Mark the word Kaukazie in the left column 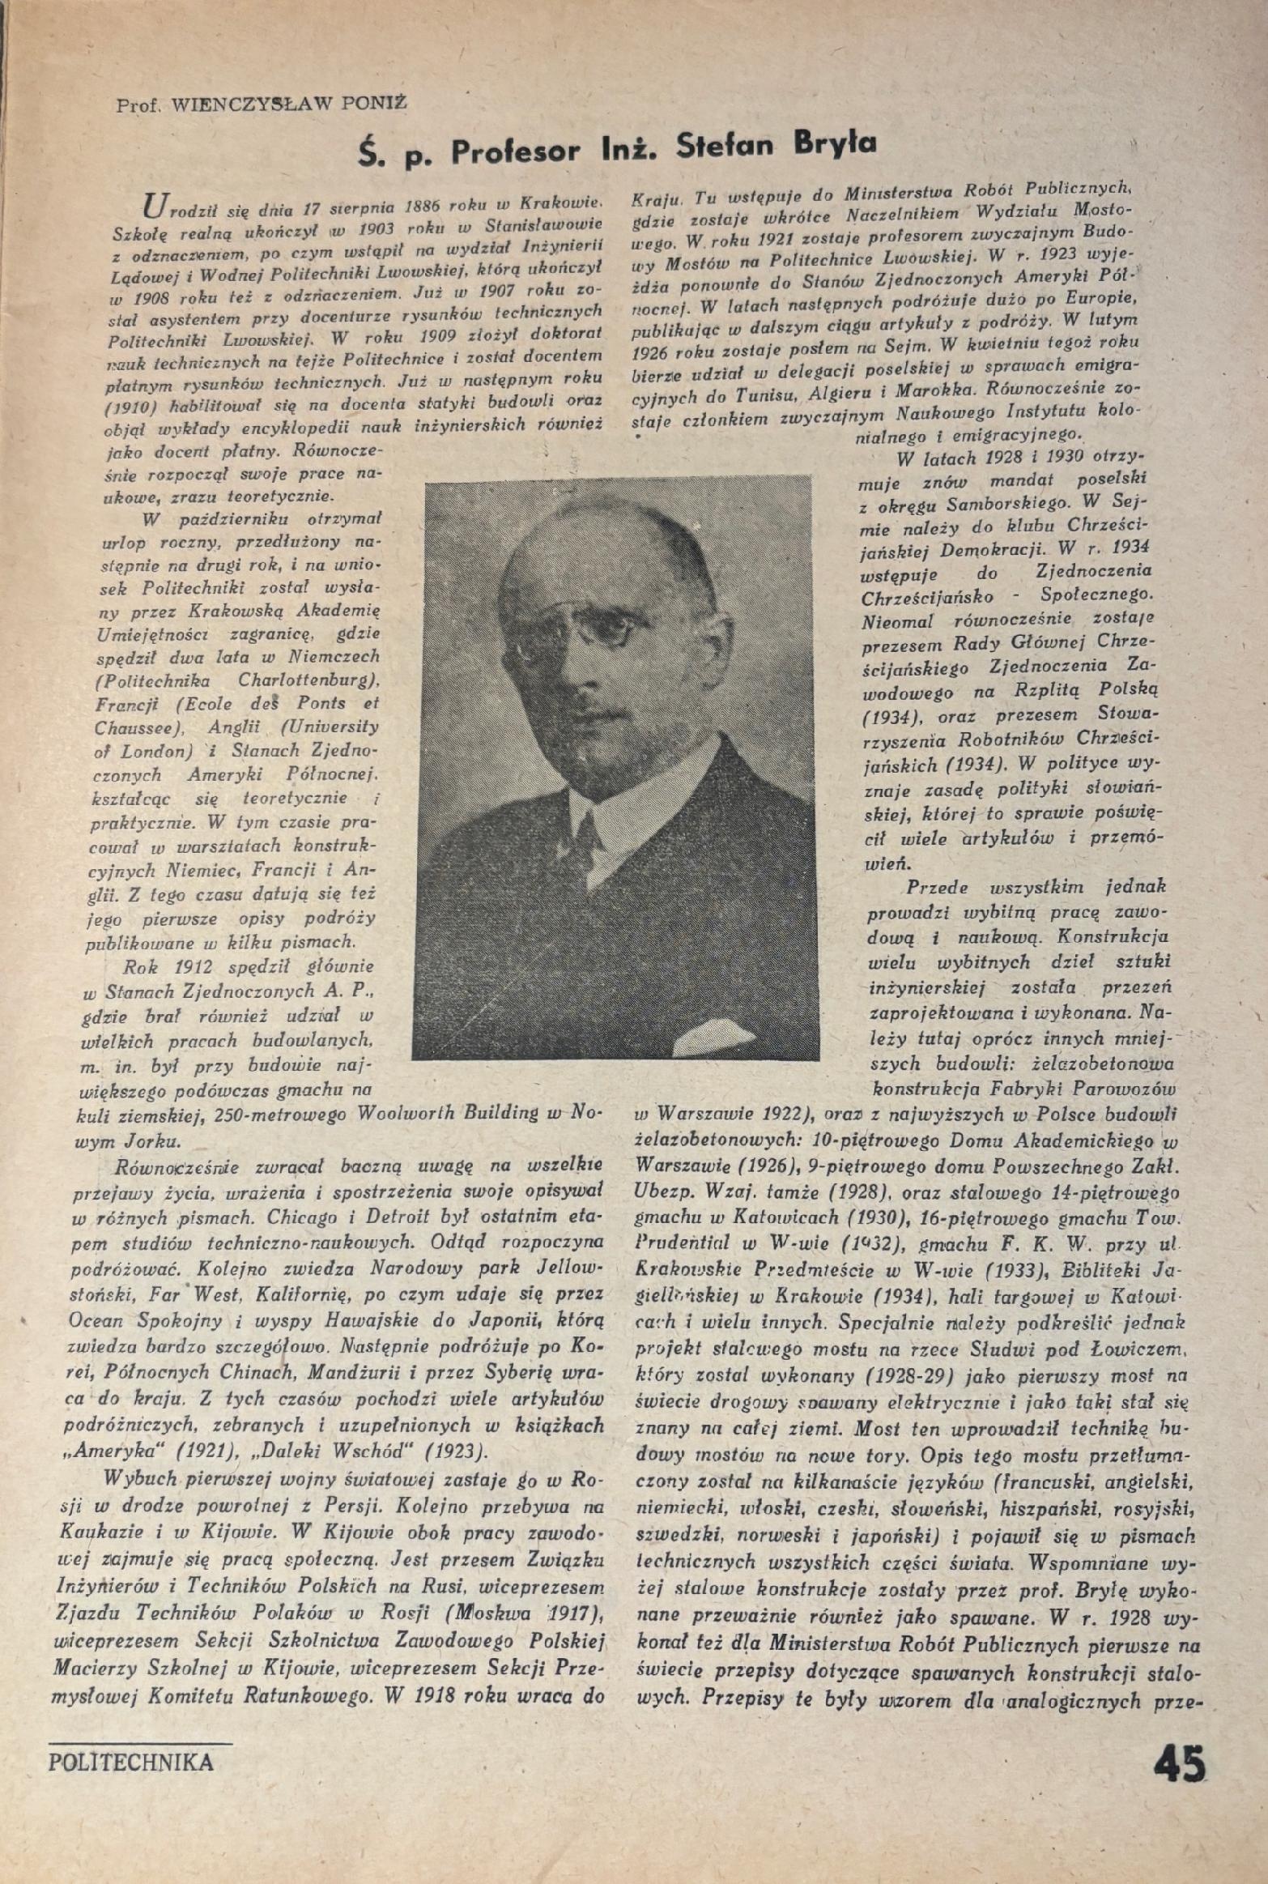96,1533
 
